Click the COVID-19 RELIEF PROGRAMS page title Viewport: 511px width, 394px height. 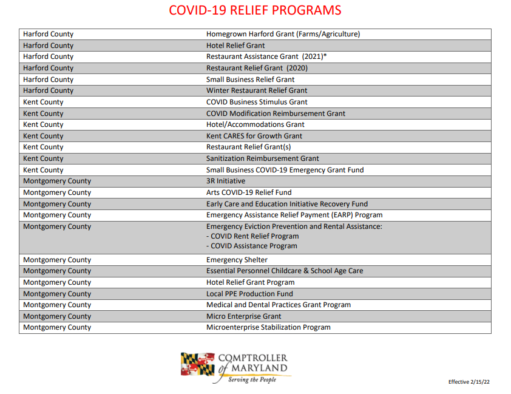[255, 10]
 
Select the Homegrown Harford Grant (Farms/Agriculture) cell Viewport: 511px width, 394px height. [283, 34]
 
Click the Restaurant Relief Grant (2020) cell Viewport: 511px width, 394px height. [257, 68]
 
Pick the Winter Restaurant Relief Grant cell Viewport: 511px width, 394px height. [257, 90]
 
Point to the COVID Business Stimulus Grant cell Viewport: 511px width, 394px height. [257, 102]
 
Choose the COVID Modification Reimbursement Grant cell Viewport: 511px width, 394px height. [276, 114]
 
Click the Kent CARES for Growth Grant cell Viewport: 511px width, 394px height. [254, 136]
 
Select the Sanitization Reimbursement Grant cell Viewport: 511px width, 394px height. [262, 158]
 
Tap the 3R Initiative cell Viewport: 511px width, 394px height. [226, 181]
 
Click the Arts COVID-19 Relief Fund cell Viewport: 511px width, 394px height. [249, 192]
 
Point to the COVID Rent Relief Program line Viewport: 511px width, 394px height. [252, 236]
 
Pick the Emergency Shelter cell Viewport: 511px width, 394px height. [237, 260]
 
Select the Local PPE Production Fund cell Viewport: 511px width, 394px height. [249, 294]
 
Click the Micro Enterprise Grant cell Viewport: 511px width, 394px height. [243, 316]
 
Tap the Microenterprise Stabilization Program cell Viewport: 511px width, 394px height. [268, 327]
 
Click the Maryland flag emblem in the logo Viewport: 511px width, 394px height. [197, 364]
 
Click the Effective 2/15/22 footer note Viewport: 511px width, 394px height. [469, 382]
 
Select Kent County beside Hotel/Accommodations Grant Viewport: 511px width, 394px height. [43, 124]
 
